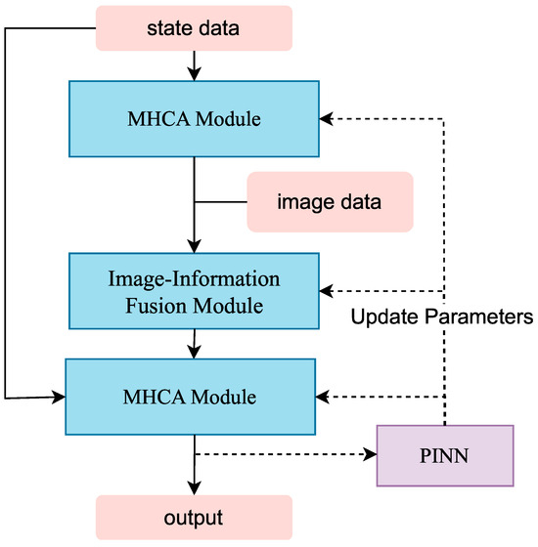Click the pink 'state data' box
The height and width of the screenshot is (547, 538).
point(194,27)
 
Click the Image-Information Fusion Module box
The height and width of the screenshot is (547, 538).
point(194,292)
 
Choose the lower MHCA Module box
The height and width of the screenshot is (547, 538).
point(191,397)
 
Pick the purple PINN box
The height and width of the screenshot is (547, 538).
point(444,456)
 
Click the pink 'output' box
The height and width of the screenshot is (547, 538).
point(194,516)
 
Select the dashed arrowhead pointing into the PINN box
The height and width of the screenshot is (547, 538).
point(370,455)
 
